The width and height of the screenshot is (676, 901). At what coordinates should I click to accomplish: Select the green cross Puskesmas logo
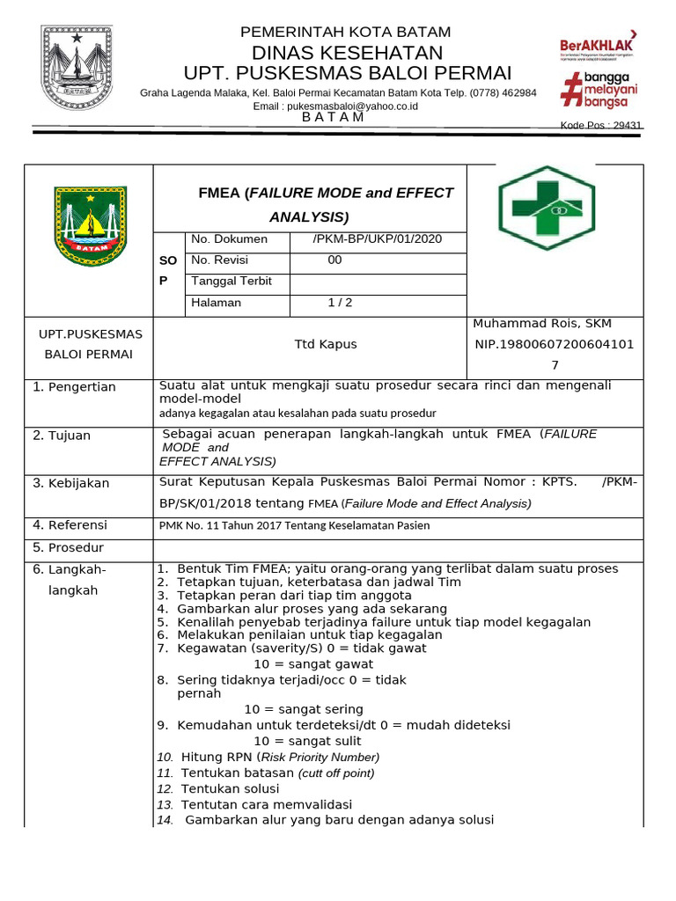[x=546, y=208]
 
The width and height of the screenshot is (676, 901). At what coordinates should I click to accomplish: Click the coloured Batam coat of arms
[x=90, y=226]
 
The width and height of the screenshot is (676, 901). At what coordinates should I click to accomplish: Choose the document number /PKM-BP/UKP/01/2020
[x=377, y=239]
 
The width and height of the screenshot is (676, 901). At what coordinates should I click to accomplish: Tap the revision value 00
[x=334, y=260]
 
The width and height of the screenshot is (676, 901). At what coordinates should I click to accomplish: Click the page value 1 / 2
[x=340, y=303]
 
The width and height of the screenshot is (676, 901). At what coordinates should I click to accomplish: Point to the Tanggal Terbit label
[x=231, y=282]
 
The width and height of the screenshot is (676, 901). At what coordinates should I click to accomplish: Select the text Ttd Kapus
[x=325, y=344]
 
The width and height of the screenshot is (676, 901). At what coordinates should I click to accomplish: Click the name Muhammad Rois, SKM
[x=542, y=324]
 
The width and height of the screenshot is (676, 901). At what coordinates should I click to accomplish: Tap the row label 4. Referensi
[x=70, y=525]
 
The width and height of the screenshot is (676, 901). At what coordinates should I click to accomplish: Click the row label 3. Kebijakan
[x=71, y=483]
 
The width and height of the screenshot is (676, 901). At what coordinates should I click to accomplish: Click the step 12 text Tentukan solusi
[x=230, y=788]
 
